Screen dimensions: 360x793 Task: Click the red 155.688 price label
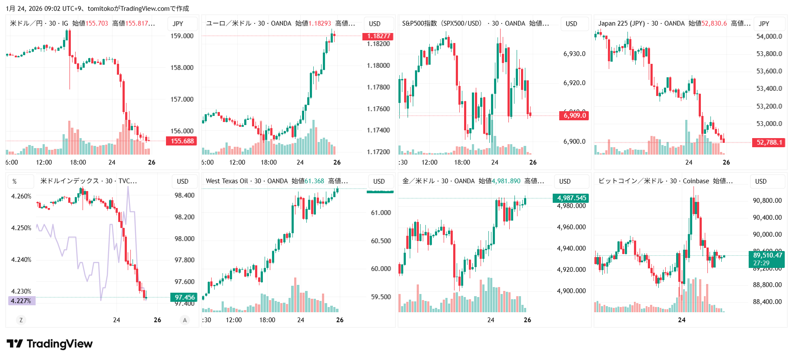[182, 141]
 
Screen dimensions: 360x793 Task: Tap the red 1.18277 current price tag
[378, 36]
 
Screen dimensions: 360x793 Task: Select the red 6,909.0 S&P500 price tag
[574, 116]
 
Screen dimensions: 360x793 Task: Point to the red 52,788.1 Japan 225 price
[769, 142]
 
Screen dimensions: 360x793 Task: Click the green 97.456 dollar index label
[184, 297]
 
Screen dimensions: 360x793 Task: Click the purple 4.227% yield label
[21, 301]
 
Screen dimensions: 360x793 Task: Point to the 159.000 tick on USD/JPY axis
[182, 36]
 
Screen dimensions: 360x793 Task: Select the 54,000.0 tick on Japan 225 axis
[769, 36]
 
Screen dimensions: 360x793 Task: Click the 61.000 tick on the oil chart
[381, 213]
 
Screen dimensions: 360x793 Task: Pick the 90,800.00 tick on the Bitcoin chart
[767, 201]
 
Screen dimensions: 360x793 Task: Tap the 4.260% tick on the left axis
[21, 196]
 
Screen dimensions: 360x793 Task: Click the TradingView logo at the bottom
[50, 344]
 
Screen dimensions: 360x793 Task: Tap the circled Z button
[21, 320]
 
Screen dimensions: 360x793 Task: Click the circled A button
[185, 320]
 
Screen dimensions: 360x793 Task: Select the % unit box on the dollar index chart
[15, 182]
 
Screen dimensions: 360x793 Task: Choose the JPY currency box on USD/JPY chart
[178, 24]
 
